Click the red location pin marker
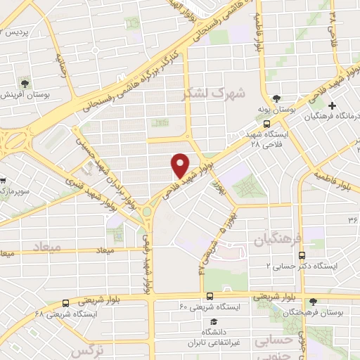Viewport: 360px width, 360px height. (181, 166)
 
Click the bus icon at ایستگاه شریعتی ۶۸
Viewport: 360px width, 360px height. (65, 302)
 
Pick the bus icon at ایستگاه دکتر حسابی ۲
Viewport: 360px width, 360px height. (301, 257)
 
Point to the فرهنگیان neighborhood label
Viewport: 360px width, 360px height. (262, 240)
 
